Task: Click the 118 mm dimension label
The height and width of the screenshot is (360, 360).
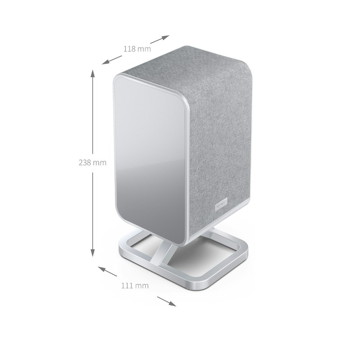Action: (x=137, y=49)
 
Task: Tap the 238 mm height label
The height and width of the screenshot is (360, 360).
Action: (x=92, y=162)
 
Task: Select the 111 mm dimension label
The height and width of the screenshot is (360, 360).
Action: (x=135, y=286)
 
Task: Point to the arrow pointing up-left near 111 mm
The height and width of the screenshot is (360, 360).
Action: (x=107, y=271)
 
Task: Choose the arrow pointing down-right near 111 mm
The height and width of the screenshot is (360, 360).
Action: (x=166, y=301)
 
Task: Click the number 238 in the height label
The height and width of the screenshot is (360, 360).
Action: (x=85, y=162)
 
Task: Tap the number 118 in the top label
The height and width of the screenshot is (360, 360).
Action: (x=129, y=49)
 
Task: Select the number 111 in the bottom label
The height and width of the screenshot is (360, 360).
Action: (x=127, y=286)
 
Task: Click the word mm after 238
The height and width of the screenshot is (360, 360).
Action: (x=100, y=162)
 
